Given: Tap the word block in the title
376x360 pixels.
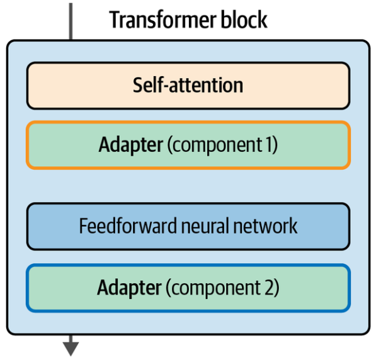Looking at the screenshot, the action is pyautogui.click(x=244, y=20).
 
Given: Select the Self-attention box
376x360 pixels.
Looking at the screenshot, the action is pyautogui.click(x=188, y=86).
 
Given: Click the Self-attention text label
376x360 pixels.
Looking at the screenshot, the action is pyautogui.click(x=188, y=85).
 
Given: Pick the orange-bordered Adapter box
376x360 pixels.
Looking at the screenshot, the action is pyautogui.click(x=188, y=145).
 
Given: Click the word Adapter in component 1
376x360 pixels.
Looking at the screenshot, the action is pyautogui.click(x=131, y=145).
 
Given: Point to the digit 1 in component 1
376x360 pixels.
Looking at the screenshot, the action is pyautogui.click(x=268, y=144).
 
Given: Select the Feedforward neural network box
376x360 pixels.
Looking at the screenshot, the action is pyautogui.click(x=188, y=227).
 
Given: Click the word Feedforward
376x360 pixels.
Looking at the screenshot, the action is pyautogui.click(x=128, y=226).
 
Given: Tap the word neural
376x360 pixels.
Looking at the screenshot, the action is pyautogui.click(x=205, y=226).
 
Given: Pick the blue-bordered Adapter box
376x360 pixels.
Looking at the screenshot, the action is pyautogui.click(x=188, y=288).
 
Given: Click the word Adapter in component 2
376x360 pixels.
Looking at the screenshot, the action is pyautogui.click(x=130, y=288).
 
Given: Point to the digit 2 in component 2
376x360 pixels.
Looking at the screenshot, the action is pyautogui.click(x=269, y=287).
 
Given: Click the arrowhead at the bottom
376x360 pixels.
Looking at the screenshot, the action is pyautogui.click(x=71, y=349).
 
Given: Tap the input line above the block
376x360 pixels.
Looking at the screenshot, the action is pyautogui.click(x=71, y=21).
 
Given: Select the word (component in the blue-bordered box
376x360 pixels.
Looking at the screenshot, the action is pyautogui.click(x=213, y=288).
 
